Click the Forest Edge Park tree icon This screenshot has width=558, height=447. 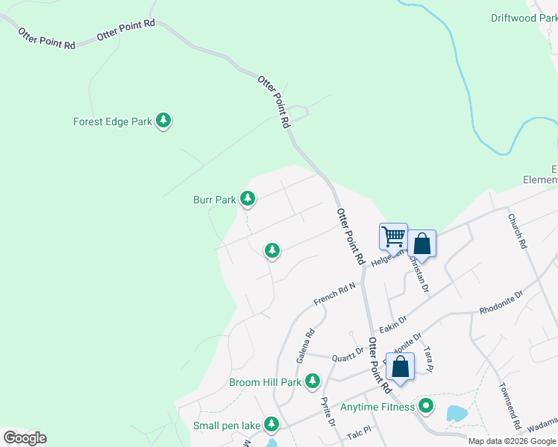(163, 121)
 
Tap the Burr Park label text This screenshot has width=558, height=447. (215, 200)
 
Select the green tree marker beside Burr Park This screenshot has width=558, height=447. (248, 198)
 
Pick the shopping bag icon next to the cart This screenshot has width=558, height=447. (421, 244)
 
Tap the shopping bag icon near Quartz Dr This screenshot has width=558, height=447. (400, 367)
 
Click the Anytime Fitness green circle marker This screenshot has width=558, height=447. (425, 407)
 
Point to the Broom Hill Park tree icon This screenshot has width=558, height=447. (312, 382)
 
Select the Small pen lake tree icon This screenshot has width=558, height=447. (272, 425)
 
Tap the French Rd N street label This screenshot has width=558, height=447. (334, 294)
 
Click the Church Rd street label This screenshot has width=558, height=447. (518, 232)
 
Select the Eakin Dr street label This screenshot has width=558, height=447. (392, 321)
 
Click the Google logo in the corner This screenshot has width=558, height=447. (25, 438)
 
